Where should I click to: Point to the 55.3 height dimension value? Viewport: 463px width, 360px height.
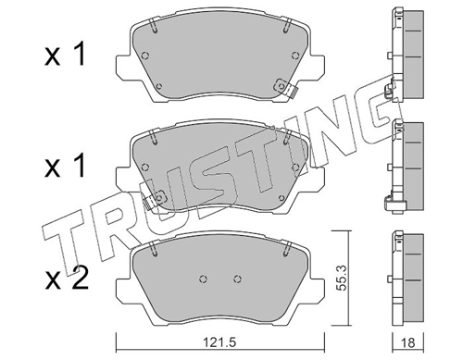coord(341,278)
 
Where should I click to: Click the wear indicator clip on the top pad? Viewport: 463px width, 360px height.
coord(285,88)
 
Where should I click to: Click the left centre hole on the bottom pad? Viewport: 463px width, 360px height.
coord(203,279)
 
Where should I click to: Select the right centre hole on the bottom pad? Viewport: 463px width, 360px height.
coord(237,279)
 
